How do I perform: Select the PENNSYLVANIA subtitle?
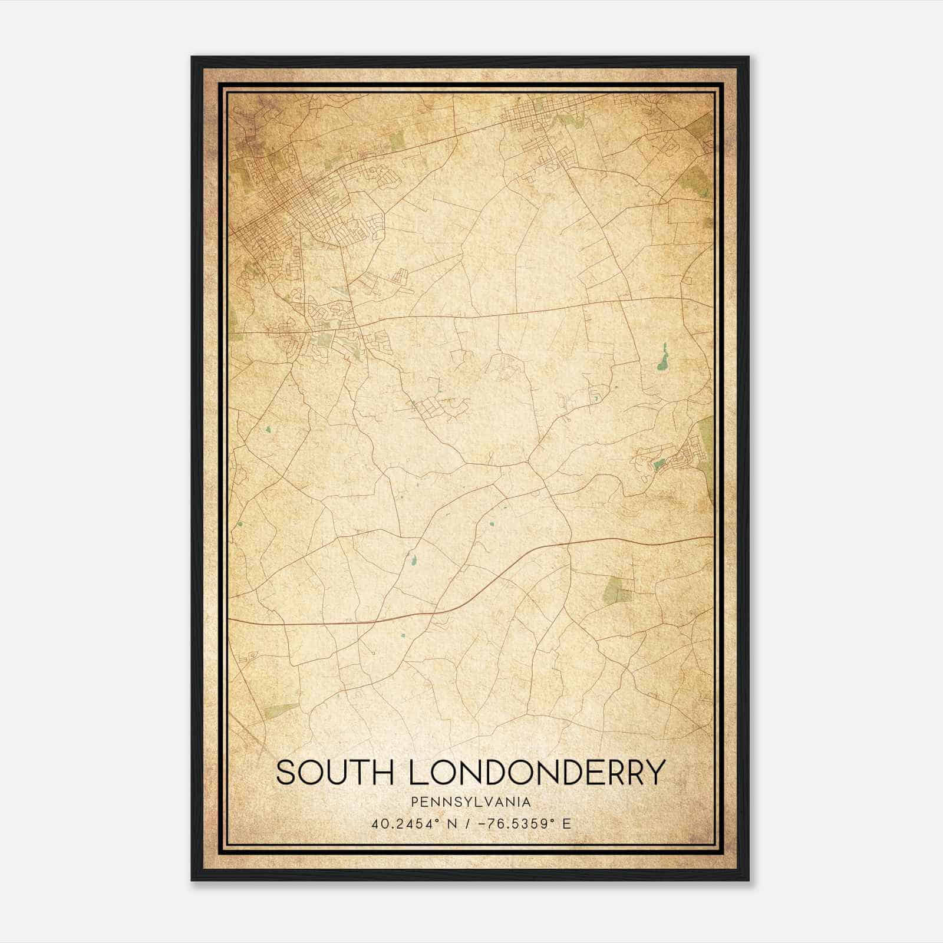click(471, 802)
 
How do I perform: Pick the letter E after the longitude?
click(566, 824)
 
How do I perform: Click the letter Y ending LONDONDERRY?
click(654, 772)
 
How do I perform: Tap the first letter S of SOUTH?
click(285, 772)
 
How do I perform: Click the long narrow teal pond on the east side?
click(662, 358)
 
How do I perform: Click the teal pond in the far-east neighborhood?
click(659, 465)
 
